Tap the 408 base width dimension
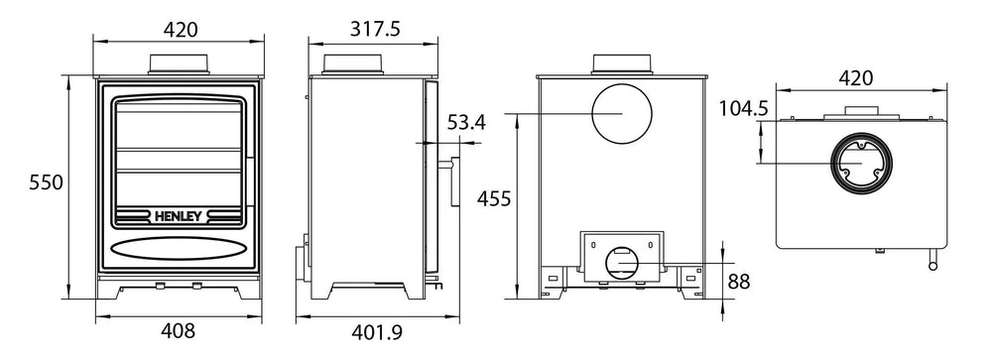(x=179, y=332)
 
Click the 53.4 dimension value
(x=467, y=124)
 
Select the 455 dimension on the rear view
(x=492, y=199)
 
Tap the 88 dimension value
(x=739, y=282)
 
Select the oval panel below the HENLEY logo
(x=179, y=247)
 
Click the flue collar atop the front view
(x=180, y=62)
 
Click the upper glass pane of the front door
(x=179, y=124)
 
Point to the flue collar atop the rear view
(x=623, y=62)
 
